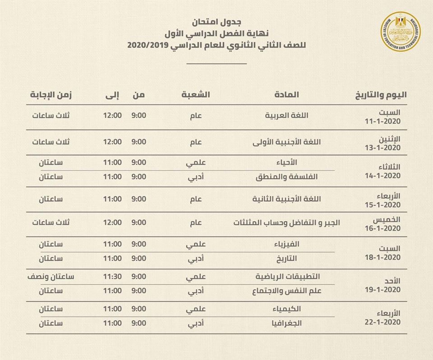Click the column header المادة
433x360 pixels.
[286, 95]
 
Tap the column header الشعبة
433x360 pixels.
[196, 95]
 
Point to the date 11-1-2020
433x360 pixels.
[383, 122]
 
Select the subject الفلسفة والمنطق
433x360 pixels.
[291, 177]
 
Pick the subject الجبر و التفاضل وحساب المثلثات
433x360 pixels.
[286, 223]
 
